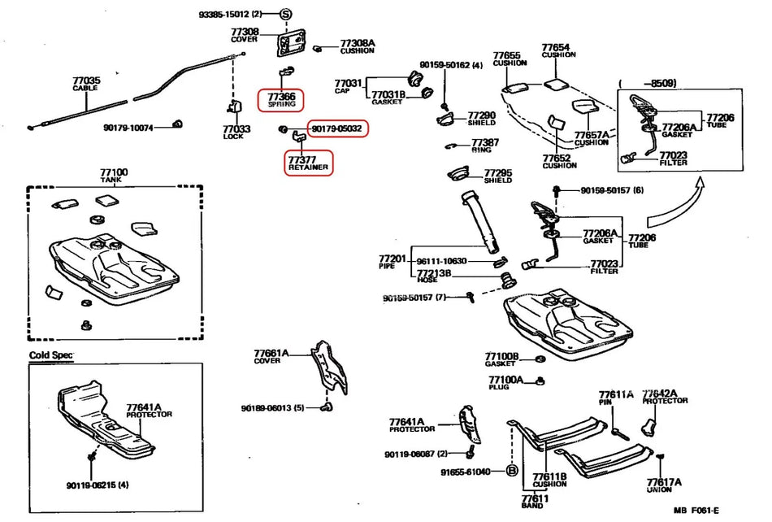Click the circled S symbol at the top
(x=285, y=15)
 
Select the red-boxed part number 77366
(x=282, y=99)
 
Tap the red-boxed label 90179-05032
(x=336, y=128)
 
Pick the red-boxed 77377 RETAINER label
(x=308, y=162)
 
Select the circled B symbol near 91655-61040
(x=513, y=471)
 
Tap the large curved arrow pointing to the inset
(x=674, y=207)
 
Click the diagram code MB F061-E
(x=696, y=511)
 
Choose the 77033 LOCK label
(x=236, y=131)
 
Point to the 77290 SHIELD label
(x=481, y=119)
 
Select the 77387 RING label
(x=485, y=146)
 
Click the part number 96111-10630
(x=441, y=260)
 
